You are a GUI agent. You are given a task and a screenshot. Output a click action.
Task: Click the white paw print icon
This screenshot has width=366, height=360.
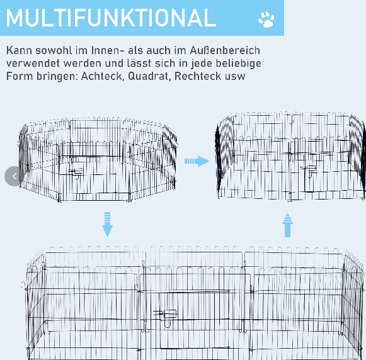click(x=266, y=19)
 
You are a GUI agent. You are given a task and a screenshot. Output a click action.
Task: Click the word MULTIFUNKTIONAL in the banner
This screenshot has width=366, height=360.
click(x=111, y=18)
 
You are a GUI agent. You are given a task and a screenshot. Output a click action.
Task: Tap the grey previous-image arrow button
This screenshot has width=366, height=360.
click(x=14, y=176)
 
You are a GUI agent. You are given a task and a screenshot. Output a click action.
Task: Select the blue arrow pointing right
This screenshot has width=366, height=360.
click(x=197, y=161)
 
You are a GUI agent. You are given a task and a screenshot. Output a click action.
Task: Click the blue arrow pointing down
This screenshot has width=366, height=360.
click(x=107, y=225)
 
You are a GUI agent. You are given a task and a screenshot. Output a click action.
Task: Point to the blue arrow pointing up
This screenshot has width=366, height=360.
click(x=287, y=225)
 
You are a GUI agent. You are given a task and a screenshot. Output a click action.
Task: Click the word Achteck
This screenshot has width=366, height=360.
click(x=102, y=76)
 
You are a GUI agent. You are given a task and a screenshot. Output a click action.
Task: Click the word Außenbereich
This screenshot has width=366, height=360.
click(x=225, y=50)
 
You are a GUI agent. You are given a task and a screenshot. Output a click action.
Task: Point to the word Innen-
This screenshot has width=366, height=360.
click(x=108, y=50)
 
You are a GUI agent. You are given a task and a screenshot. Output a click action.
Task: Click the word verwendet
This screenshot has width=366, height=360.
click(x=33, y=63)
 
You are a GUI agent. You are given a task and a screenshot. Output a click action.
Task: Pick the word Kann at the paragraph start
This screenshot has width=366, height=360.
click(x=19, y=50)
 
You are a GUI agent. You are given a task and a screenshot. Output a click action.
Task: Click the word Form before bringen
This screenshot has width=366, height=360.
click(x=20, y=76)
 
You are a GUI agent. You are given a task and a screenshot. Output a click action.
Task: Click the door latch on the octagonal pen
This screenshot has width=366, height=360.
click(x=75, y=172)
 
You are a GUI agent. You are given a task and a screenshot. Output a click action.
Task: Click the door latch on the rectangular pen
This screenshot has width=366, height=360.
click(x=165, y=315)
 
